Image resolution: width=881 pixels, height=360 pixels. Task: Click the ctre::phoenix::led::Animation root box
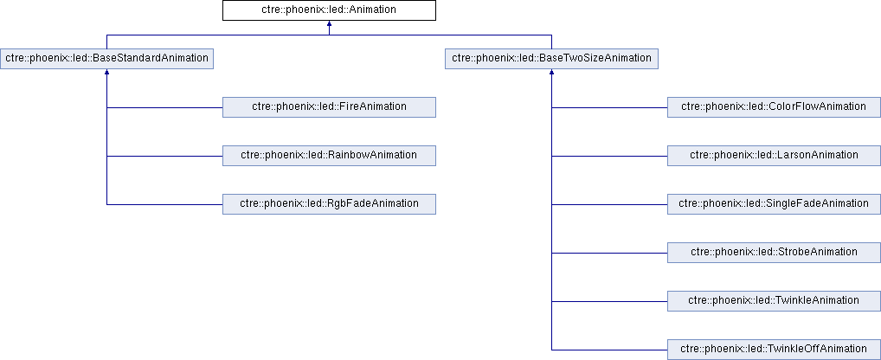(x=329, y=10)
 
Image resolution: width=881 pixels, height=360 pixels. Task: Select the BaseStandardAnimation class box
(x=106, y=58)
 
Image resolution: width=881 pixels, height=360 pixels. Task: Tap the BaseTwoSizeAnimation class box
(x=552, y=58)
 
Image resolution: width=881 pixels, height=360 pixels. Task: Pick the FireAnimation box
(x=329, y=106)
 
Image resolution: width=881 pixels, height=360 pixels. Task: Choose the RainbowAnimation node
(x=329, y=156)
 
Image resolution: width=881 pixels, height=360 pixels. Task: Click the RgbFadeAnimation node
(x=329, y=204)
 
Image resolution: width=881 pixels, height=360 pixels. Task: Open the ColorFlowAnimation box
(x=775, y=106)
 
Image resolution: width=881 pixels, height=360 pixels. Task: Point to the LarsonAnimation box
(x=775, y=156)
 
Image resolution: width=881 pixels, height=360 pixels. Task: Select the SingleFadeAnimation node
(x=775, y=204)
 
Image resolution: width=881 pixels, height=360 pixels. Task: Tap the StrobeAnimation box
(x=775, y=252)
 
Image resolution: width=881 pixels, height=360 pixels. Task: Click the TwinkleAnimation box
(x=775, y=301)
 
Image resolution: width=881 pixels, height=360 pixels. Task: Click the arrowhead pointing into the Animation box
(x=329, y=24)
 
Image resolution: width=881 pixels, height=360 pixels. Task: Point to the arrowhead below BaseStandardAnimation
(x=106, y=73)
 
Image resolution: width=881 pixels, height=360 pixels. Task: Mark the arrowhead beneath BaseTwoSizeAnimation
(x=552, y=73)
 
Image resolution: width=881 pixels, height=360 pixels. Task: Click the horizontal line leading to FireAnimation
(x=164, y=107)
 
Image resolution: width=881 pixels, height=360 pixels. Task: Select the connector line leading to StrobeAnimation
(x=609, y=253)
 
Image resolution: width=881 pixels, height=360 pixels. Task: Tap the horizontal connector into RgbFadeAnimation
(x=164, y=204)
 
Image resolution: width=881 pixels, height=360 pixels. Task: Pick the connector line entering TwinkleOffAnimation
(x=609, y=350)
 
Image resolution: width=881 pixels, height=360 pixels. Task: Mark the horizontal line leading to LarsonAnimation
(x=609, y=156)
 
